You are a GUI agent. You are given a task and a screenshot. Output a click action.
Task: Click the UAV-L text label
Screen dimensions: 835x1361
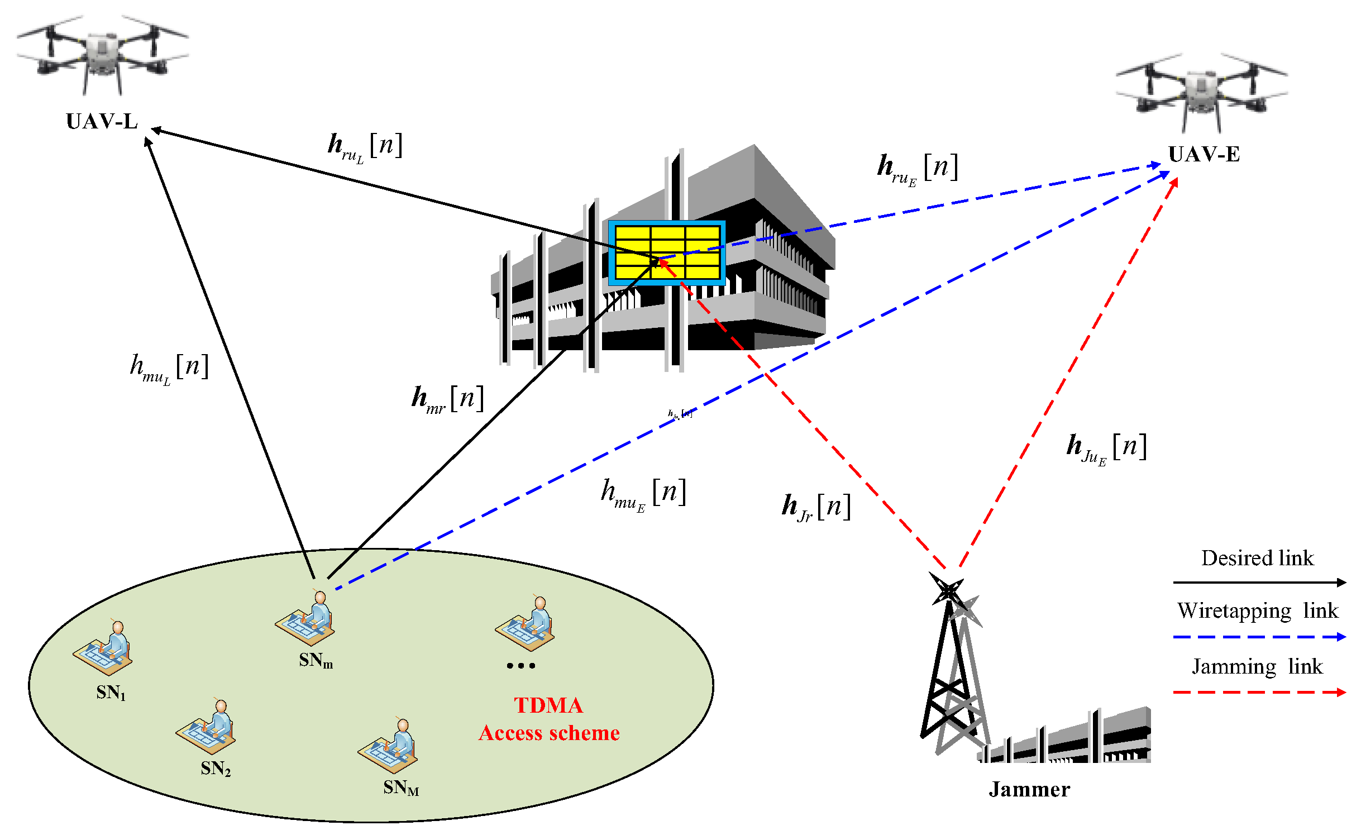(102, 121)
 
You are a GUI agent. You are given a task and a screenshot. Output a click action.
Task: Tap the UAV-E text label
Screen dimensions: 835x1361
(1204, 154)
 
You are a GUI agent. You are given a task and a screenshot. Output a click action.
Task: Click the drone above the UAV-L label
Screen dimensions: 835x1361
(102, 53)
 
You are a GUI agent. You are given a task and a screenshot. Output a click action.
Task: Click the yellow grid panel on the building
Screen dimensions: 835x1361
(666, 253)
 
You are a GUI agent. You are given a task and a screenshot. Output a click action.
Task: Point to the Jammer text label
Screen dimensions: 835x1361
(1029, 789)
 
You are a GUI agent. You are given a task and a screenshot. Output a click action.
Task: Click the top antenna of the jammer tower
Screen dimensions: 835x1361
(947, 590)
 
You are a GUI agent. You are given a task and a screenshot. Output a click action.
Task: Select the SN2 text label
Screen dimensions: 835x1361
(216, 769)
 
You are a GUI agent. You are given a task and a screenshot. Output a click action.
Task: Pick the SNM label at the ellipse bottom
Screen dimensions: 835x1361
(400, 788)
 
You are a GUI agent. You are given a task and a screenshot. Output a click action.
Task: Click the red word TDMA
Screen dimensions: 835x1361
(548, 705)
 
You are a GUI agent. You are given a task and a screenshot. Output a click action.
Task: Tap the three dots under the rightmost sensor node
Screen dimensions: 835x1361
(520, 665)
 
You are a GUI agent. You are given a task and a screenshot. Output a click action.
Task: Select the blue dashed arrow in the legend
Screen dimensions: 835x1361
(1259, 637)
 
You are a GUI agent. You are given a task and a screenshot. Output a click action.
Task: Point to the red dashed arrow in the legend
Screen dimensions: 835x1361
(1259, 693)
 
